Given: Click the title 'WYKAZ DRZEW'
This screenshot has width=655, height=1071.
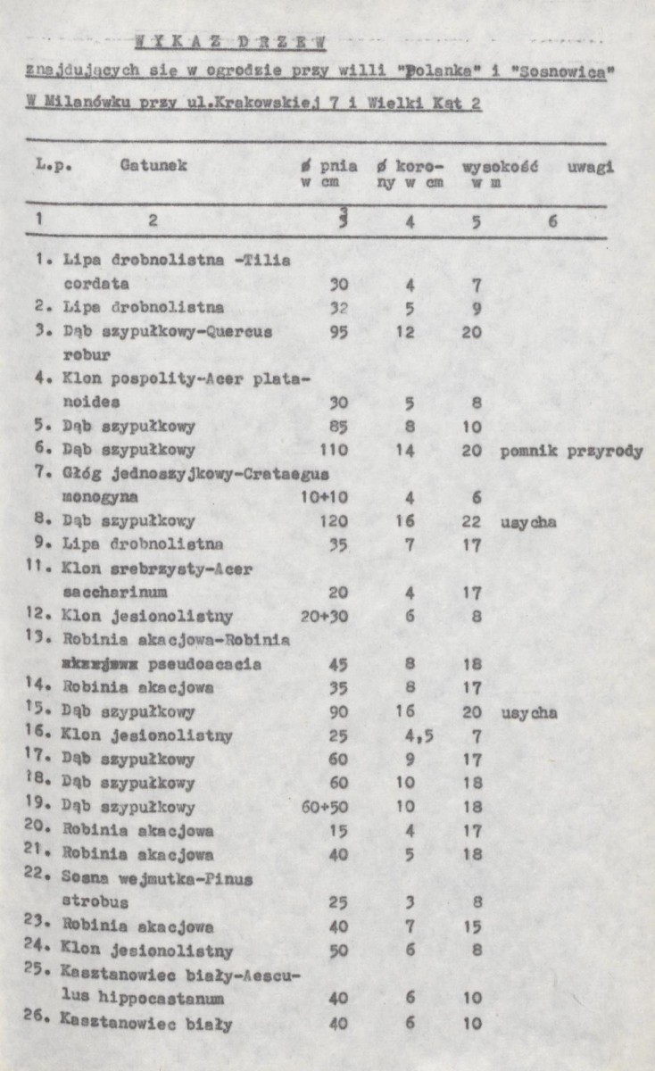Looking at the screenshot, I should (x=231, y=41).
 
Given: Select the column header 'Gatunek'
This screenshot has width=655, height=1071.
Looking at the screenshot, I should (x=153, y=166).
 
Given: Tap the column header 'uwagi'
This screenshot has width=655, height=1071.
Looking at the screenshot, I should (x=590, y=166).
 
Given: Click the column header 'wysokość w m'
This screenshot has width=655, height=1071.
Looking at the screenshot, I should (x=499, y=174).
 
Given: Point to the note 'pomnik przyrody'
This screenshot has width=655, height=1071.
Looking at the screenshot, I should (x=571, y=451).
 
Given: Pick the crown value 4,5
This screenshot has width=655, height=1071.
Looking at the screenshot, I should (x=411, y=736).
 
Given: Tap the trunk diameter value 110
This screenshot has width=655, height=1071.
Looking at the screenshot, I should (x=335, y=451).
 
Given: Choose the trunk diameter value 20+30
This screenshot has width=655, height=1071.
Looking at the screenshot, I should (x=325, y=615).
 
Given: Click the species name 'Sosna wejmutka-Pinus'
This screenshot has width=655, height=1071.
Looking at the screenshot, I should (x=158, y=879).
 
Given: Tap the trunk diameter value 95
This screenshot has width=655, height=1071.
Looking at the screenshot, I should (x=338, y=332).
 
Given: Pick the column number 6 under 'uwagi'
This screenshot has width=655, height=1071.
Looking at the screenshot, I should (x=552, y=220).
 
